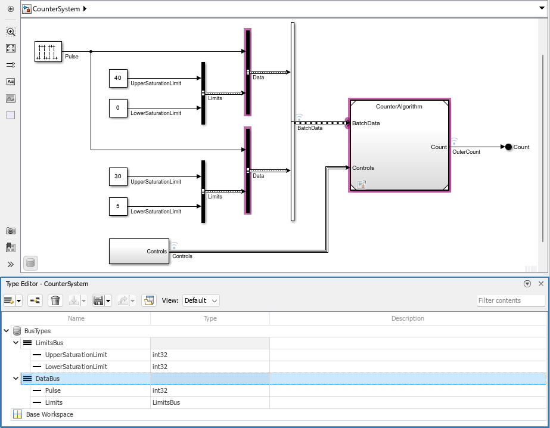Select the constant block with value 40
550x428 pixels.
tap(117, 78)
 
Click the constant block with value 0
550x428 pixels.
tap(117, 108)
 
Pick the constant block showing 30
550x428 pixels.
tap(117, 176)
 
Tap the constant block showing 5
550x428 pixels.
tap(117, 206)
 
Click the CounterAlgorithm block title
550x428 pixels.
tap(399, 107)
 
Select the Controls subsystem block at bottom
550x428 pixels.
tap(139, 251)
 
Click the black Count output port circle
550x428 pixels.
tap(508, 147)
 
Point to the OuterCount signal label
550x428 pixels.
tap(466, 152)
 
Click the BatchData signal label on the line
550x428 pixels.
tap(310, 128)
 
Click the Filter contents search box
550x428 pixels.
tap(511, 300)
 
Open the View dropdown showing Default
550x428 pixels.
tap(201, 300)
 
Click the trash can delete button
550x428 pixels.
tap(55, 300)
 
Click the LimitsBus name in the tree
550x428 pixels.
tap(49, 343)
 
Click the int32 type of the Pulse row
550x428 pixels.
tap(160, 390)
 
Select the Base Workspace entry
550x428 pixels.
tap(49, 414)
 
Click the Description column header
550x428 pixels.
tap(408, 318)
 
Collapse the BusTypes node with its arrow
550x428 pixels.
tap(6, 331)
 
